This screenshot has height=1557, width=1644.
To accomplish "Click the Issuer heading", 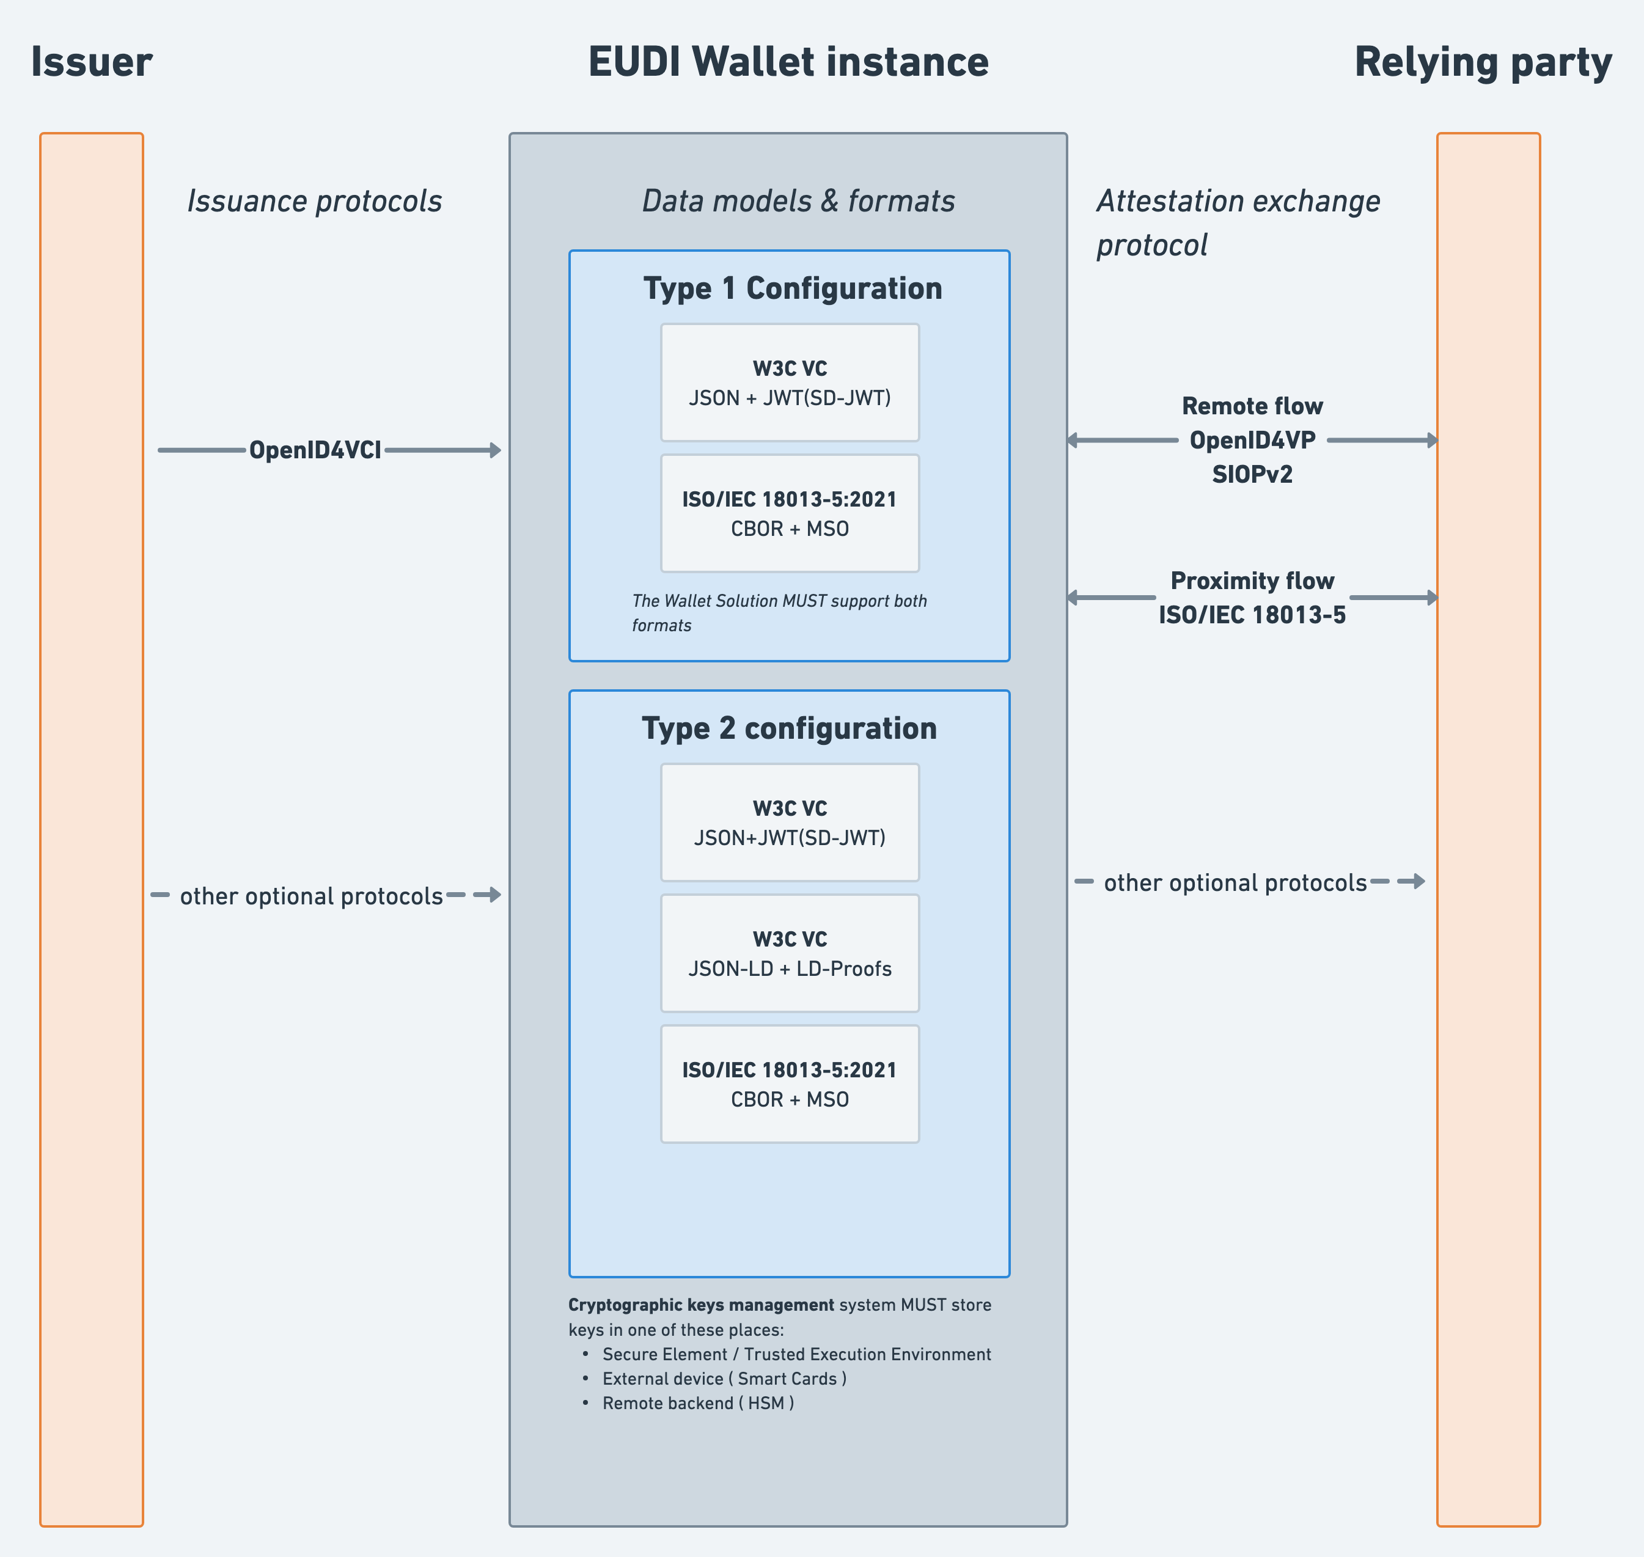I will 91,62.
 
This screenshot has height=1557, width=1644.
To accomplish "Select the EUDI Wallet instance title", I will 788,62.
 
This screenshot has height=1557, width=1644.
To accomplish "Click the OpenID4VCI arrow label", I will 315,450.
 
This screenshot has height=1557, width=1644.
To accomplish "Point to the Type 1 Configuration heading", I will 793,288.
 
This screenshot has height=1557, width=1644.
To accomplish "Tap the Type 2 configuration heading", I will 788,728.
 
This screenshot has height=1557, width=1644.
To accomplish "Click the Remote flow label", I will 1252,406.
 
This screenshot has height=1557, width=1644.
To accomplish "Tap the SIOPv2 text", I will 1252,474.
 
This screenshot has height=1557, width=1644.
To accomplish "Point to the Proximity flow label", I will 1252,580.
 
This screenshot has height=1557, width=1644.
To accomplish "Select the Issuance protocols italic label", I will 314,201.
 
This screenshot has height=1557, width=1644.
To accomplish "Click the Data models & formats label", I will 798,201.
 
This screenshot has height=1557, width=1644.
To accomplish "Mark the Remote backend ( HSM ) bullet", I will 697,1402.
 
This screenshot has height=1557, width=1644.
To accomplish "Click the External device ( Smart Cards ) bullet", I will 724,1378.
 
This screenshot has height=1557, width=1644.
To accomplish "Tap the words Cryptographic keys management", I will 700,1304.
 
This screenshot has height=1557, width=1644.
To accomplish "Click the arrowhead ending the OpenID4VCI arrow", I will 496,450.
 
